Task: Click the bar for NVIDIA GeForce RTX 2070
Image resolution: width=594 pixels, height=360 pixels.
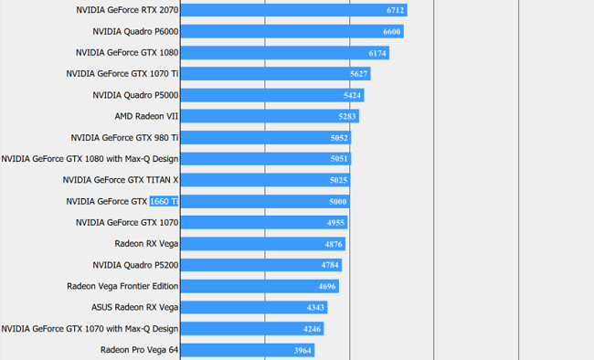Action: [x=292, y=10]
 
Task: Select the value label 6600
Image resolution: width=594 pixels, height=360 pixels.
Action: [x=392, y=32]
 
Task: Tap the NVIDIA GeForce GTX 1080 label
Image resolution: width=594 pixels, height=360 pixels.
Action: [x=127, y=53]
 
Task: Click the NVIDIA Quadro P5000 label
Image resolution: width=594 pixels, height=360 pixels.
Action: [x=135, y=95]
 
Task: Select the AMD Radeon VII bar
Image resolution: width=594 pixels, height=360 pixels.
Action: [x=269, y=116]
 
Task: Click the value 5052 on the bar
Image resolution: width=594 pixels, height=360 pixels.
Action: [x=339, y=138]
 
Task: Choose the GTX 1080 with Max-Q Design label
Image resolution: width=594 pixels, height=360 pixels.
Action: [x=90, y=158]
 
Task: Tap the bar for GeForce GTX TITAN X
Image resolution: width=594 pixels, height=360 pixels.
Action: [x=265, y=180]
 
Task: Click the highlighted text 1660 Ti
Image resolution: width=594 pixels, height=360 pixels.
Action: [x=164, y=201]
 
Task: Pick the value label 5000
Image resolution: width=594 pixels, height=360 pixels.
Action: [x=337, y=202]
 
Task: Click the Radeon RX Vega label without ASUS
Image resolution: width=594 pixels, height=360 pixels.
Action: [x=146, y=244]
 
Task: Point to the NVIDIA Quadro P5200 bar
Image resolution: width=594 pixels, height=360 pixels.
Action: [x=260, y=265]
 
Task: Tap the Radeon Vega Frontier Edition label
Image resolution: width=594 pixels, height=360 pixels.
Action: [x=122, y=286]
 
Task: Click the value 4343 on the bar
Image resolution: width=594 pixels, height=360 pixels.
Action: [x=315, y=308]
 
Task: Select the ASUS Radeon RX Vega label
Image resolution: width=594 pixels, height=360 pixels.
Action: [x=134, y=307]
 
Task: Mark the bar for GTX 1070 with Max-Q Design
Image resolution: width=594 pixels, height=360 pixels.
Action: [x=251, y=329]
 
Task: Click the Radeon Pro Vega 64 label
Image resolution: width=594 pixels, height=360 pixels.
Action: [x=139, y=349]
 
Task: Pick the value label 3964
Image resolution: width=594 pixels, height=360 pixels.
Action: [x=303, y=351]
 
